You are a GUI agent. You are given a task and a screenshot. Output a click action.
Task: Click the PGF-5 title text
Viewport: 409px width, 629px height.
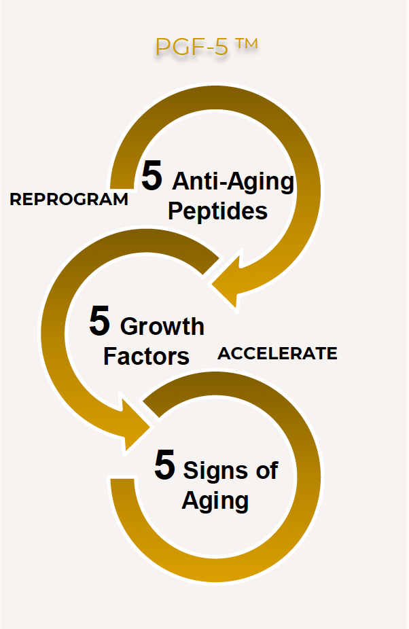[x=207, y=47]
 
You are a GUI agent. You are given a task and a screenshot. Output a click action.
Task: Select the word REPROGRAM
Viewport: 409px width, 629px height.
[x=69, y=200]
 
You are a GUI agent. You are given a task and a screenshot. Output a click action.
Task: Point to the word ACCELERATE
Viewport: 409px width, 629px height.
[x=277, y=353]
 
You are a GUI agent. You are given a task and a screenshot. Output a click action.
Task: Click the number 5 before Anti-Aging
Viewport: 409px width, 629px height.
[x=152, y=176]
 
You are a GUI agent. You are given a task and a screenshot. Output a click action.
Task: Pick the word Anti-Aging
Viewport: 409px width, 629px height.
[x=233, y=182]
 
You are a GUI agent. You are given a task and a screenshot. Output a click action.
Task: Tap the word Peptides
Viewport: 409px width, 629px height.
[x=217, y=211]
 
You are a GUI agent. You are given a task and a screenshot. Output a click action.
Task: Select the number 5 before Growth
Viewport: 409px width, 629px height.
[x=100, y=321]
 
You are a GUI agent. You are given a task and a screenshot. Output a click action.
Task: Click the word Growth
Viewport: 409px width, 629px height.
[x=162, y=326]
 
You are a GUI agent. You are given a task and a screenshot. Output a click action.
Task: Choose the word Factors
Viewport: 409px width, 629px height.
[x=146, y=356]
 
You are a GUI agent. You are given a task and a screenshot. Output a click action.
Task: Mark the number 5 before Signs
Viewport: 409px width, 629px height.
[x=164, y=465]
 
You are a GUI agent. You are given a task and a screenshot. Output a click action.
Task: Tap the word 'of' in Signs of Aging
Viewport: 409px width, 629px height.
[x=267, y=470]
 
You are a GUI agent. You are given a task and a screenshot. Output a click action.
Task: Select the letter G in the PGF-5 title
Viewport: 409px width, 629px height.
[x=181, y=47]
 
